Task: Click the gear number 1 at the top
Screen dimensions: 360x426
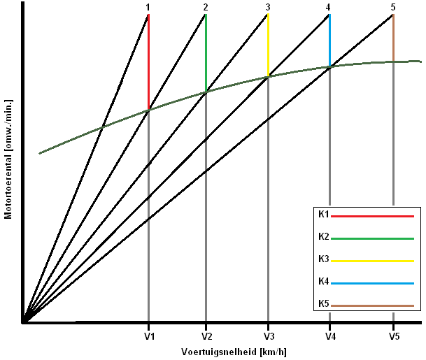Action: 148,7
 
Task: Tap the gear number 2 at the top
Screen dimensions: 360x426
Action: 206,7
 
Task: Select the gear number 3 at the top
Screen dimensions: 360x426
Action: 268,7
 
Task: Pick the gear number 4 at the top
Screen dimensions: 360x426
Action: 329,7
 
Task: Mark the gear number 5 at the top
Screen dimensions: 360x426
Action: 393,7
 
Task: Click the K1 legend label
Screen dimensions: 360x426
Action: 323,215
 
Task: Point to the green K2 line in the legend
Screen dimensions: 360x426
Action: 372,239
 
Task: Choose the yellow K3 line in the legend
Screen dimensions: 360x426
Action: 372,261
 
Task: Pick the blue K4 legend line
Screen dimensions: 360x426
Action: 372,284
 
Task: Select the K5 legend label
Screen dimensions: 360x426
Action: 323,304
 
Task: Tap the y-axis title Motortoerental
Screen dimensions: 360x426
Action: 8,159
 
